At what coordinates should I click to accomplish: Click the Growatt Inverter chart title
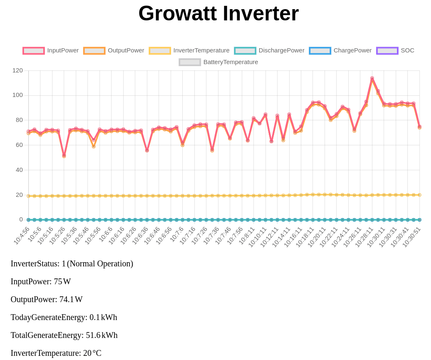click(x=218, y=13)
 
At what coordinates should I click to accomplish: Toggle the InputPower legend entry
click(x=51, y=51)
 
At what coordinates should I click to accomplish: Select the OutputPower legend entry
click(x=114, y=51)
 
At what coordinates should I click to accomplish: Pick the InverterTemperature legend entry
click(x=189, y=51)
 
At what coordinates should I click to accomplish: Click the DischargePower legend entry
click(x=270, y=51)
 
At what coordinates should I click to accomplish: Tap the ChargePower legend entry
click(x=340, y=51)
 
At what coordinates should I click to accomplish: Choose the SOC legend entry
click(x=395, y=51)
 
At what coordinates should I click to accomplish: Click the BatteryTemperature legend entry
click(x=218, y=62)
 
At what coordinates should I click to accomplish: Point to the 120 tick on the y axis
click(x=17, y=70)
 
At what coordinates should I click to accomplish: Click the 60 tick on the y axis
click(x=19, y=145)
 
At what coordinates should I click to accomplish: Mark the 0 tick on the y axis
click(x=21, y=219)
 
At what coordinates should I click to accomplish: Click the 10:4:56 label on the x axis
click(x=22, y=236)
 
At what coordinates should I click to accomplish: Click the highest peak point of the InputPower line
click(x=372, y=78)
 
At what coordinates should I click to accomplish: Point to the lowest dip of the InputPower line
click(x=64, y=155)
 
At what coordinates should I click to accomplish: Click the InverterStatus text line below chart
click(x=72, y=263)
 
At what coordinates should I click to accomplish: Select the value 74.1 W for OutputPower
click(x=71, y=299)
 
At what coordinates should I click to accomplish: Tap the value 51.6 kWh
click(x=102, y=335)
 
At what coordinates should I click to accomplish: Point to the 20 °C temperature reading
click(x=92, y=353)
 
